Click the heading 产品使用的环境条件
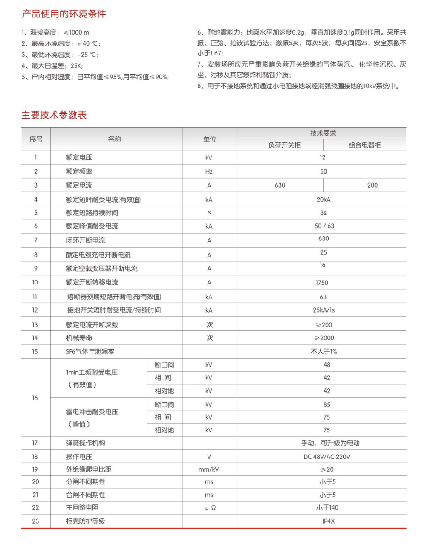64,14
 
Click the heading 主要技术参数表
54,115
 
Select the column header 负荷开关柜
284,145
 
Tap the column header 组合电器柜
364,145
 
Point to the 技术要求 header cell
323,133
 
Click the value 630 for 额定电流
280,185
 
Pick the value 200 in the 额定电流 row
372,185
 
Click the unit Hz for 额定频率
209,171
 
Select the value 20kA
324,200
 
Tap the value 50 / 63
324,226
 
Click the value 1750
322,283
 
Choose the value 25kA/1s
324,310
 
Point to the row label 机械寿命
79,338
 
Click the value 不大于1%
324,351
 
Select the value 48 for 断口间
327,365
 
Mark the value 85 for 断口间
327,405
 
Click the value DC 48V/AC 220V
327,457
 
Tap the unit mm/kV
209,469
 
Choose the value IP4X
328,521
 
